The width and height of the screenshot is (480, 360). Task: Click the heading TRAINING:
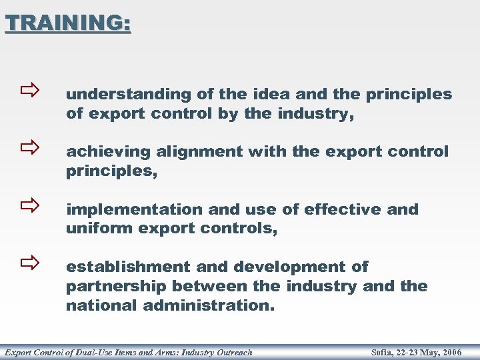[68, 23]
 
